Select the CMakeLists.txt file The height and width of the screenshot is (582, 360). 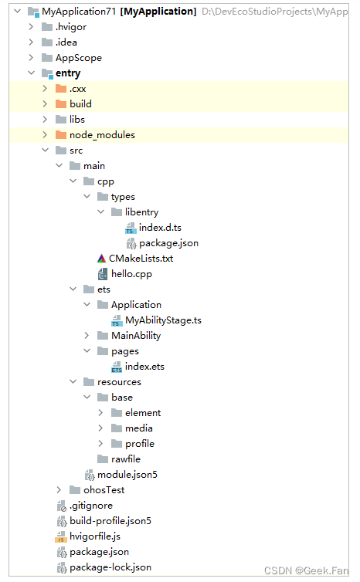click(140, 259)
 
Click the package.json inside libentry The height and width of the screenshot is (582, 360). click(168, 243)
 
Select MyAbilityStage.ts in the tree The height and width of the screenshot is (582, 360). click(168, 320)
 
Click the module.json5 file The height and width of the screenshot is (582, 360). click(127, 475)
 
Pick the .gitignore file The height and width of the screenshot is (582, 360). click(91, 506)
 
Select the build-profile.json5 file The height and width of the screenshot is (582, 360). click(110, 521)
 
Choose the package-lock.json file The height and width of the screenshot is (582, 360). click(110, 567)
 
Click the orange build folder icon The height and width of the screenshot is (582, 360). click(61, 104)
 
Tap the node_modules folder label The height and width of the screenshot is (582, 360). click(102, 135)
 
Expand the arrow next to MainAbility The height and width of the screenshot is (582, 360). click(87, 336)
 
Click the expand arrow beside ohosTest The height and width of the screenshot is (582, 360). click(59, 490)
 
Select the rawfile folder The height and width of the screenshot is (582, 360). click(125, 459)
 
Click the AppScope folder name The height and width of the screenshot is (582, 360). click(78, 58)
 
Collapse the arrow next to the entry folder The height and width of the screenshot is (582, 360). click(32, 73)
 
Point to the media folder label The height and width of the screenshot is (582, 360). click(138, 428)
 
